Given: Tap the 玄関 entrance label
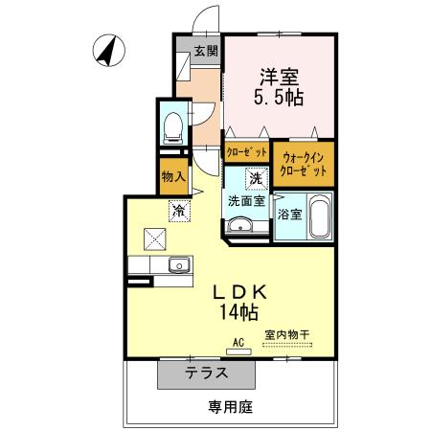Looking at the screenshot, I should tap(206, 51).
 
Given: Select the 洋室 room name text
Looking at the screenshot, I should tap(279, 74).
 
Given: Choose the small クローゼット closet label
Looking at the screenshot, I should tap(246, 150).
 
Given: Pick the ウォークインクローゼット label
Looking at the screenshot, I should tap(304, 164).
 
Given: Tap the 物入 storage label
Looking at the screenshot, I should tap(173, 176).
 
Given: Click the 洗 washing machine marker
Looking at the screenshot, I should tap(256, 178).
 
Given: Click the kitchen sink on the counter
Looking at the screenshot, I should tap(177, 265).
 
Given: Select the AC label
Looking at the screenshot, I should tap(238, 341).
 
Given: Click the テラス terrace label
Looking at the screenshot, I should tap(206, 374).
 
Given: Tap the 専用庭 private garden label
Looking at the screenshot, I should tap(230, 407).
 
